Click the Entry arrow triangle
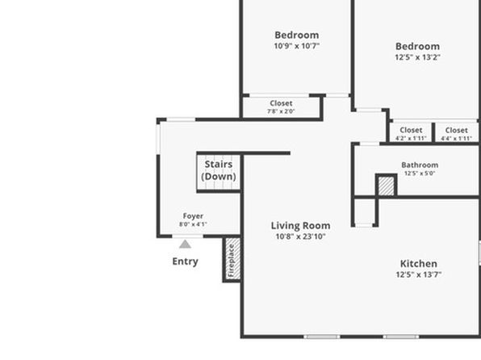coord(185,245)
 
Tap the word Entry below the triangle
coord(185,262)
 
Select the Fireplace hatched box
coord(232,258)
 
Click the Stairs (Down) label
coord(219,170)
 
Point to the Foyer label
coord(193,216)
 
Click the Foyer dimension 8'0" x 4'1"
coord(193,224)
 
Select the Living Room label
coord(300,226)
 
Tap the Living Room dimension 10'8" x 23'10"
coord(300,237)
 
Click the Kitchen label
coord(418,264)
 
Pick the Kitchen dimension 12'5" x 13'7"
coord(418,274)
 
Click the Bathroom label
coord(420,165)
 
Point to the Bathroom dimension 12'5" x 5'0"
coord(420,174)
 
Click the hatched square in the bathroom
coord(387,186)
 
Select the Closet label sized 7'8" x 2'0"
coord(281,103)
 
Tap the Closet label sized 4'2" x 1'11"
coord(411,131)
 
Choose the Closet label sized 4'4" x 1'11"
coord(456,131)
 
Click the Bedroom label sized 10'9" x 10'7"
coord(297,35)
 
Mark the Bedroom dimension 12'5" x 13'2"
coord(417,57)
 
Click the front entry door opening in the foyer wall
coord(187,236)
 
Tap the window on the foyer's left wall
coord(158,139)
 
